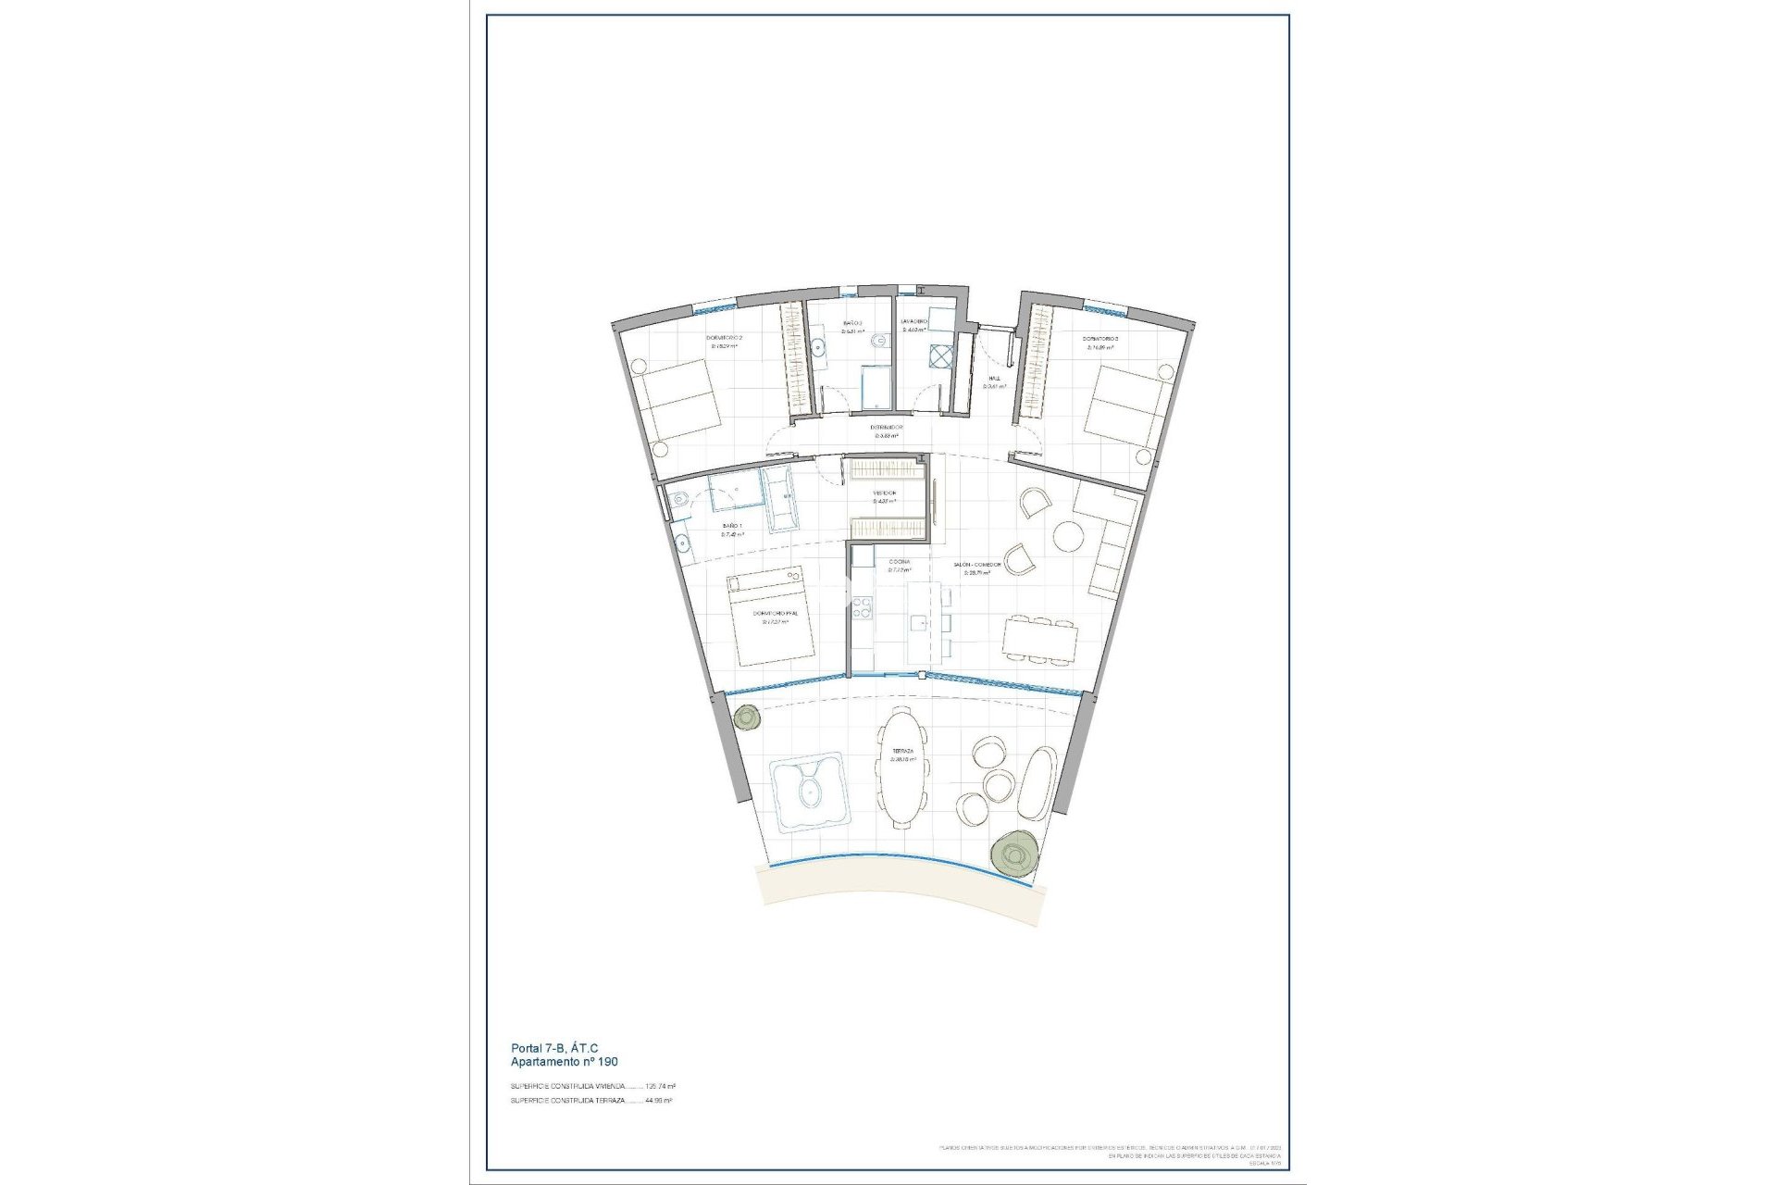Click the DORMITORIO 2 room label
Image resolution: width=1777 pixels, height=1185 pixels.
(x=725, y=339)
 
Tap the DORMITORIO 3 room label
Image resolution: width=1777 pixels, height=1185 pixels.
(x=1101, y=339)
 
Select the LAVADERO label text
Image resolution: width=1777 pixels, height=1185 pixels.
(x=914, y=321)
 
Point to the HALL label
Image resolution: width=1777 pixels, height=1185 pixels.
(x=994, y=379)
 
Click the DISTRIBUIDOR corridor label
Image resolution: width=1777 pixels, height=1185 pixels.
(x=886, y=428)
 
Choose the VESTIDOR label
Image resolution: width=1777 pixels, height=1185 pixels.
(x=886, y=493)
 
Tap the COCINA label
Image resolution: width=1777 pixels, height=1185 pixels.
(x=899, y=562)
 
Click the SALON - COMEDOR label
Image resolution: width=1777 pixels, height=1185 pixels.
(x=977, y=564)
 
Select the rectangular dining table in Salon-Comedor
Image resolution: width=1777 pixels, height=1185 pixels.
(x=1040, y=639)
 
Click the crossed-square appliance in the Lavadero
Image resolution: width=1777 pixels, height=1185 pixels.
(x=941, y=356)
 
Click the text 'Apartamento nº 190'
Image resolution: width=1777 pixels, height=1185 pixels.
(x=564, y=1062)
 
